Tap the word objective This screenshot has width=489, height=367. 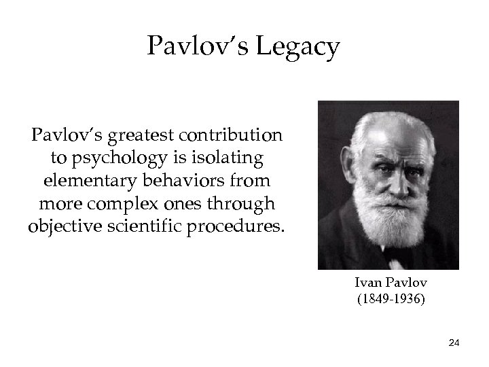[65, 225]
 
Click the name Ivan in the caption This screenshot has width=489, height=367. [367, 283]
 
